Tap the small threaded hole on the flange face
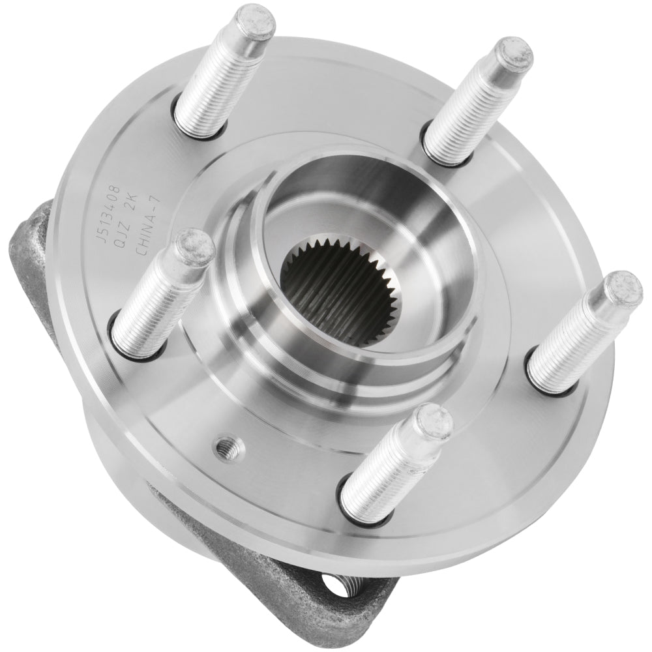click(x=230, y=447)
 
